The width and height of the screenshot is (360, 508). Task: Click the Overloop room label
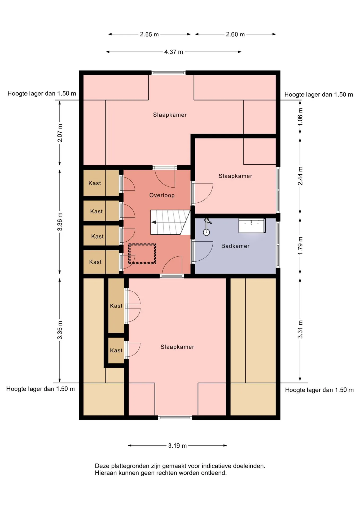click(x=162, y=195)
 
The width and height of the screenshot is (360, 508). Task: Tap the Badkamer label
click(x=235, y=246)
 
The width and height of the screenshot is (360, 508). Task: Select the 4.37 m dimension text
click(x=174, y=52)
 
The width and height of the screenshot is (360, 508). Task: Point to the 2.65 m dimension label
click(x=149, y=34)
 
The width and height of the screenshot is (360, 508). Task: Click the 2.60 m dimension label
click(x=235, y=34)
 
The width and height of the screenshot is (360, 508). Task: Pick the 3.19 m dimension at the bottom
click(x=177, y=446)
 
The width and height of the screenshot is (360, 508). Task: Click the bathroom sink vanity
click(x=252, y=226)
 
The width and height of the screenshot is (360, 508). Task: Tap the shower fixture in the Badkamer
click(x=207, y=227)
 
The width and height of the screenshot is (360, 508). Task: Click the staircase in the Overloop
click(x=170, y=222)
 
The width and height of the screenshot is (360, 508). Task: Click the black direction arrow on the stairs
click(x=154, y=222)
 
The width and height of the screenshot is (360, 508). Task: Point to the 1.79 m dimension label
click(x=300, y=246)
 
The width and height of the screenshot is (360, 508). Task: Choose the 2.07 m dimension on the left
click(x=60, y=133)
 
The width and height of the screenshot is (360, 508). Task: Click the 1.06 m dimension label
click(x=300, y=117)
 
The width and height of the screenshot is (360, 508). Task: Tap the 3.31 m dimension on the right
click(x=300, y=329)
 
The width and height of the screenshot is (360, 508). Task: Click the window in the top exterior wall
click(x=169, y=73)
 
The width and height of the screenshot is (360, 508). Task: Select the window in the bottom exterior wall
click(x=175, y=418)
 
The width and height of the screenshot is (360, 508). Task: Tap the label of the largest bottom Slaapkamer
click(x=177, y=347)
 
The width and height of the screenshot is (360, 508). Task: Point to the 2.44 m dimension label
click(x=300, y=176)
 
